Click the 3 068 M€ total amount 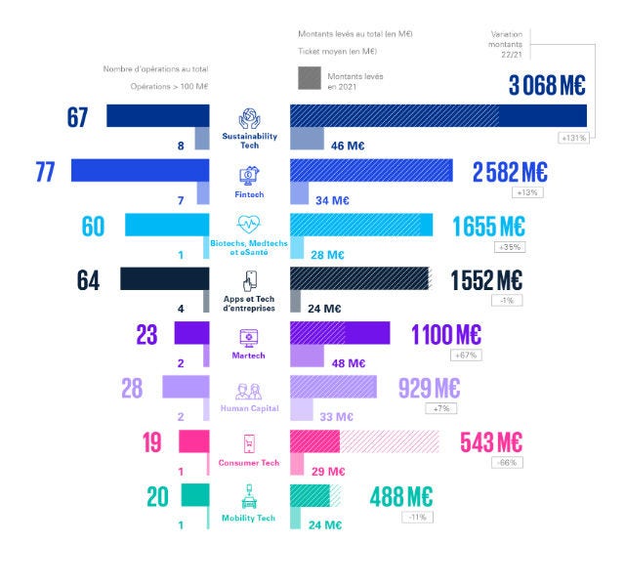coord(547,86)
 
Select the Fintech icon coord(249,176)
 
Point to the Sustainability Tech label coord(249,138)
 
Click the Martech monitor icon coord(249,338)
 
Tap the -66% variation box coord(508,462)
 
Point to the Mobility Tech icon coord(249,498)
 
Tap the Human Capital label coord(249,408)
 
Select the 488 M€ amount coord(400,496)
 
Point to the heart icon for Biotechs coord(249,226)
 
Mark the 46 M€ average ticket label coord(349,146)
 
